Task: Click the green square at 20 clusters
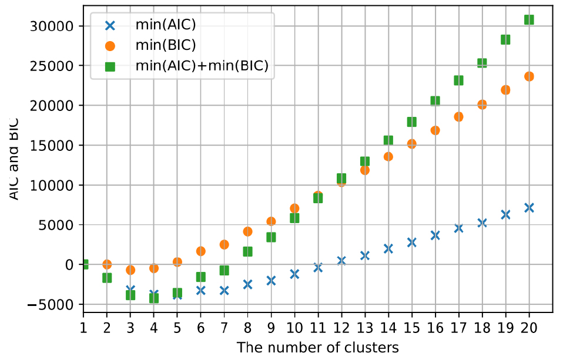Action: coord(529,19)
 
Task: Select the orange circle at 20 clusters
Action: coord(529,76)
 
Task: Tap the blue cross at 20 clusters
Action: coord(529,207)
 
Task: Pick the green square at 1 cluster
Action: coord(83,264)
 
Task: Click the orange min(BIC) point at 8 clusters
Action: coord(247,231)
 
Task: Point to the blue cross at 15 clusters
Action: coord(411,242)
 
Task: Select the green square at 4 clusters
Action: coord(154,298)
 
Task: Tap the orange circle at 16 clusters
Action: coord(435,130)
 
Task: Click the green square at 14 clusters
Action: coord(388,140)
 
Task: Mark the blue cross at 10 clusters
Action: coord(294,274)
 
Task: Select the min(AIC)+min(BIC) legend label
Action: coord(202,66)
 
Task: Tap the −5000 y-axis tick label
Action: coord(48,304)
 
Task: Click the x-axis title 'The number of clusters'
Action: coord(317,347)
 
